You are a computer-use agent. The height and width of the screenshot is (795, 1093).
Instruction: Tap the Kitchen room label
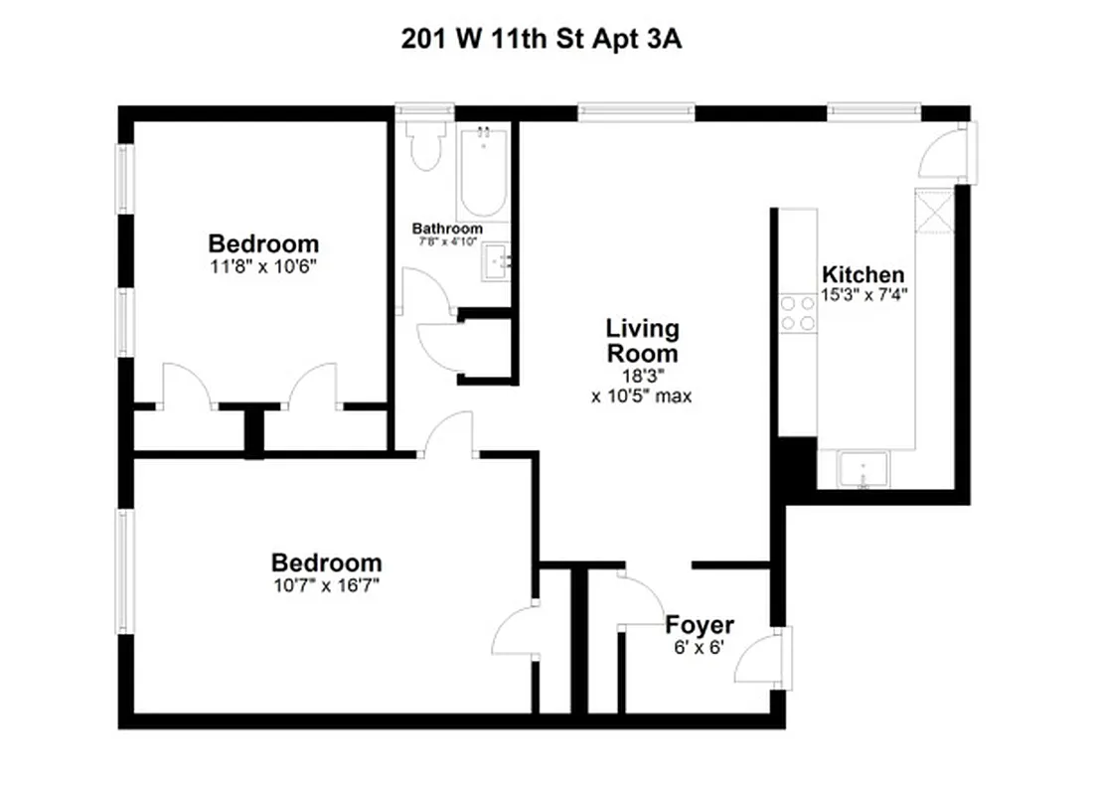[x=862, y=274]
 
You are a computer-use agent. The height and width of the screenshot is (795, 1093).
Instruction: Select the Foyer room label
[x=700, y=625]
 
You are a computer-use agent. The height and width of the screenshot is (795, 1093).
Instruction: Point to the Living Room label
[x=642, y=340]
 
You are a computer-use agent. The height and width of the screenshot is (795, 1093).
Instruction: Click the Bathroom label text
[x=447, y=229]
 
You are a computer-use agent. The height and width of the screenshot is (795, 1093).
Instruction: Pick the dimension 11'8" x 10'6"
[x=263, y=265]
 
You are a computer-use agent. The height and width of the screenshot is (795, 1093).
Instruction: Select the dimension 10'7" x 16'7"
[x=326, y=584]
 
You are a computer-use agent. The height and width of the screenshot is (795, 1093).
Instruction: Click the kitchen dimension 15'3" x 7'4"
[x=863, y=294]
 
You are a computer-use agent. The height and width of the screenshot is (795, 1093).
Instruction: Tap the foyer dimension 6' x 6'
[x=700, y=645]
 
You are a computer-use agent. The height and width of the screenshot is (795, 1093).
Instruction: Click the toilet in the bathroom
[x=427, y=147]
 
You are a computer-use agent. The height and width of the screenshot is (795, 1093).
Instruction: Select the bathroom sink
[x=496, y=262]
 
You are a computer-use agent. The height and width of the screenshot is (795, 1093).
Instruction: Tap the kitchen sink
[x=862, y=468]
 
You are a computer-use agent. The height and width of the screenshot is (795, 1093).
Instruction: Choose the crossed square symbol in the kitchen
[x=934, y=209]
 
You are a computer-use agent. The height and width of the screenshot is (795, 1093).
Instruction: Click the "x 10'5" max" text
[x=641, y=396]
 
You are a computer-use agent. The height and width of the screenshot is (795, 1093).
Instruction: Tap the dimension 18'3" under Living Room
[x=642, y=377]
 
